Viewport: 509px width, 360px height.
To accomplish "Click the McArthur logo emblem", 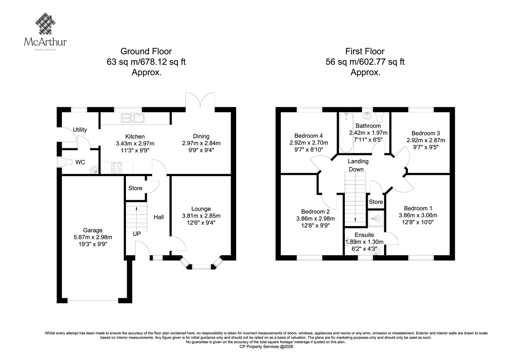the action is pos(45,24).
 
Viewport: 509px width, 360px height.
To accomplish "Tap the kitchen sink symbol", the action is pos(133,118).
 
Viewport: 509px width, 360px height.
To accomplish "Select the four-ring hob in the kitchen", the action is pos(116,168).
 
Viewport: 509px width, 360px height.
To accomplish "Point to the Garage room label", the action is pos(93,230).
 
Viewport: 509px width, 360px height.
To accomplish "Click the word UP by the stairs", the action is pos(137,234).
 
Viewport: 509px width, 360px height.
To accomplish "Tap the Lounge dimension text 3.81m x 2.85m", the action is pos(201,215).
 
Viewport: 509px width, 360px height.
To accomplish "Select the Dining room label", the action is pos(201,136).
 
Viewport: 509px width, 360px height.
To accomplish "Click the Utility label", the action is pos(80,130).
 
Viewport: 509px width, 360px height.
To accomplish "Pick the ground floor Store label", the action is pos(135,188).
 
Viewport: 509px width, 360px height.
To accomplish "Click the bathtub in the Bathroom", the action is pos(346,133).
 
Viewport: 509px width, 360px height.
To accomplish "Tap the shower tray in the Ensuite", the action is pos(376,219).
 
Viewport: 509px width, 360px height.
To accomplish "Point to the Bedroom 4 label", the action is pos(309,136).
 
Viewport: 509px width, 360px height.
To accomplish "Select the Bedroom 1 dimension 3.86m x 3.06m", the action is pos(418,215).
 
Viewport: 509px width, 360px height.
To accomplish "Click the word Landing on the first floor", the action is pos(358,161).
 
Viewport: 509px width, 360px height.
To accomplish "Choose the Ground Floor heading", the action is pos(146,51).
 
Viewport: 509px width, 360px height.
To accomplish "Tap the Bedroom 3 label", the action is pos(426,133).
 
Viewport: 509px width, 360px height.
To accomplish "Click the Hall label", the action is pos(159,217).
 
